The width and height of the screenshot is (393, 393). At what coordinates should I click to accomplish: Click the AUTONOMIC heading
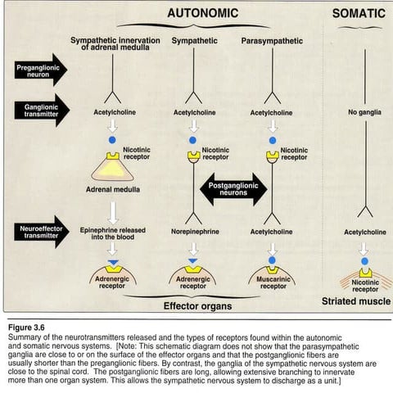click(x=202, y=13)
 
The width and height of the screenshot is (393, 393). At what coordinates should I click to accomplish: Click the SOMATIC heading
click(x=359, y=13)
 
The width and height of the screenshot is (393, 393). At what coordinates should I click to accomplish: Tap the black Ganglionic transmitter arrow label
click(x=39, y=109)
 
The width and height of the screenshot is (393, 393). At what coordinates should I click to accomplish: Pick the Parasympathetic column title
click(x=272, y=41)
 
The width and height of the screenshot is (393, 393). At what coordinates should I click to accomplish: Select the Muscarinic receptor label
click(x=272, y=282)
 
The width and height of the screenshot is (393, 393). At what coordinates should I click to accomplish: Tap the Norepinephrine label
click(x=193, y=232)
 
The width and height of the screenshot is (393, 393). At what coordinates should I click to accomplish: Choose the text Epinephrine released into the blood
click(x=110, y=235)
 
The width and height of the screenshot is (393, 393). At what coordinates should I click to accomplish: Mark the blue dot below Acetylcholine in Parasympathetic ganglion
click(x=273, y=141)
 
